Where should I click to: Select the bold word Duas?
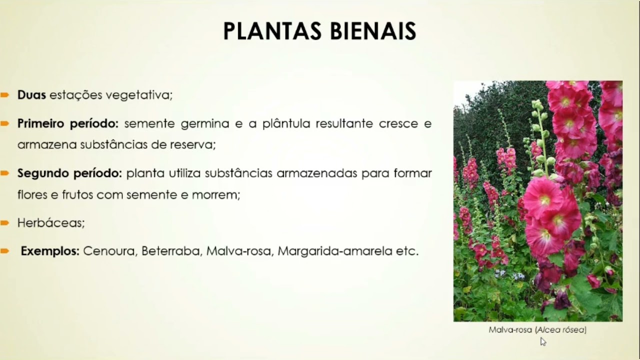31,95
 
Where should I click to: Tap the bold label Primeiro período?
68,123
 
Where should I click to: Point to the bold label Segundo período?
70,173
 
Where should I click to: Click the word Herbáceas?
51,223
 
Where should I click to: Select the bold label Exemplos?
50,251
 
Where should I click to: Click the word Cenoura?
109,251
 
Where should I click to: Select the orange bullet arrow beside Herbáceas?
4,223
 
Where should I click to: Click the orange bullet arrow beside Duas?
4,95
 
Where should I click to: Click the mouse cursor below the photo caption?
543,341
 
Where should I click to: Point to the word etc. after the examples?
407,251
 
